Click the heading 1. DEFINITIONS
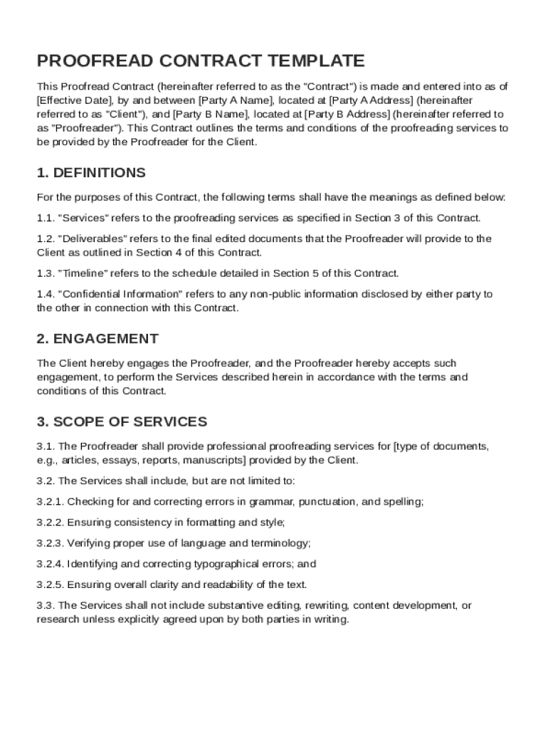91,173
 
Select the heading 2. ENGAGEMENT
98,338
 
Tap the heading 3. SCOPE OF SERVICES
122,421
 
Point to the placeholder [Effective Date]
75,100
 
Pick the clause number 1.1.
45,218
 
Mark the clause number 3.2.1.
50,502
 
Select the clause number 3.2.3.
50,543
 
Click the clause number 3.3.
45,605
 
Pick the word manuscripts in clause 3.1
214,460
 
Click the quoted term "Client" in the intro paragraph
125,114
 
